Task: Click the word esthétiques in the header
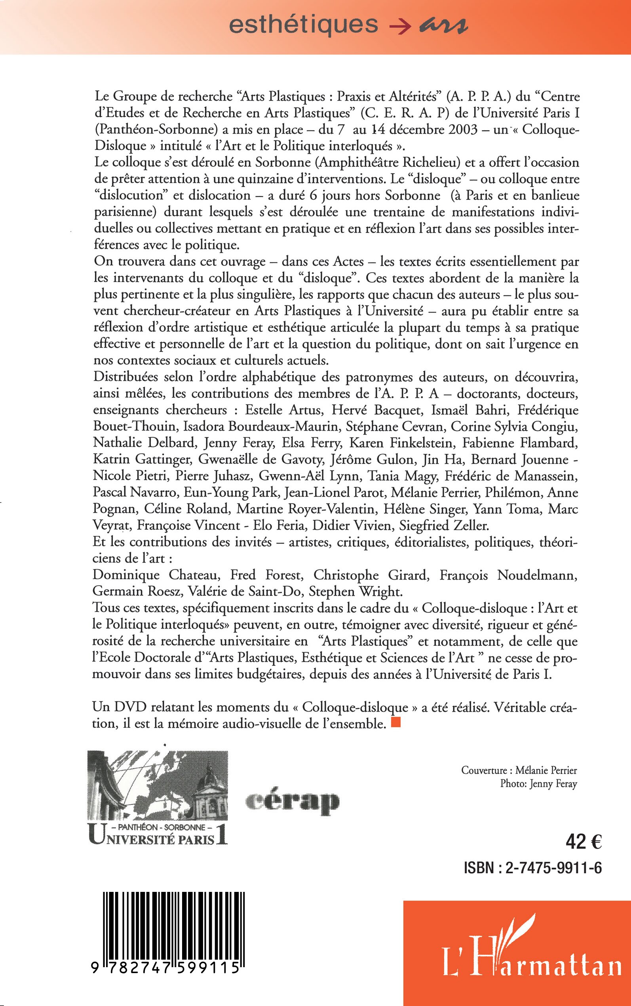tap(303, 25)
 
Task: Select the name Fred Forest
tap(265, 575)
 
